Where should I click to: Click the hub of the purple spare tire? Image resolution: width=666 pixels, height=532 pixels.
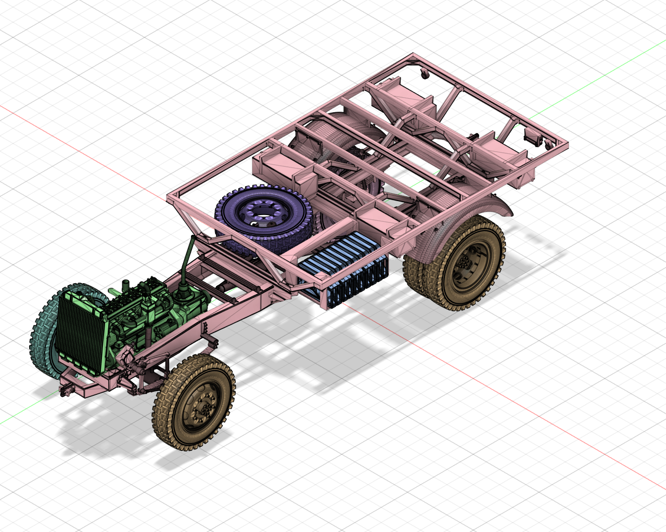click(x=259, y=212)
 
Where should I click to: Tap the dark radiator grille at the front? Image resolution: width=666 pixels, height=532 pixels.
click(x=81, y=332)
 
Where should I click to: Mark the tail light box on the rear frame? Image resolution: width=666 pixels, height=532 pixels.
click(x=532, y=136)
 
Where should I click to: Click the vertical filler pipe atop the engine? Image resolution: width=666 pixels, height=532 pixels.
click(x=125, y=286)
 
